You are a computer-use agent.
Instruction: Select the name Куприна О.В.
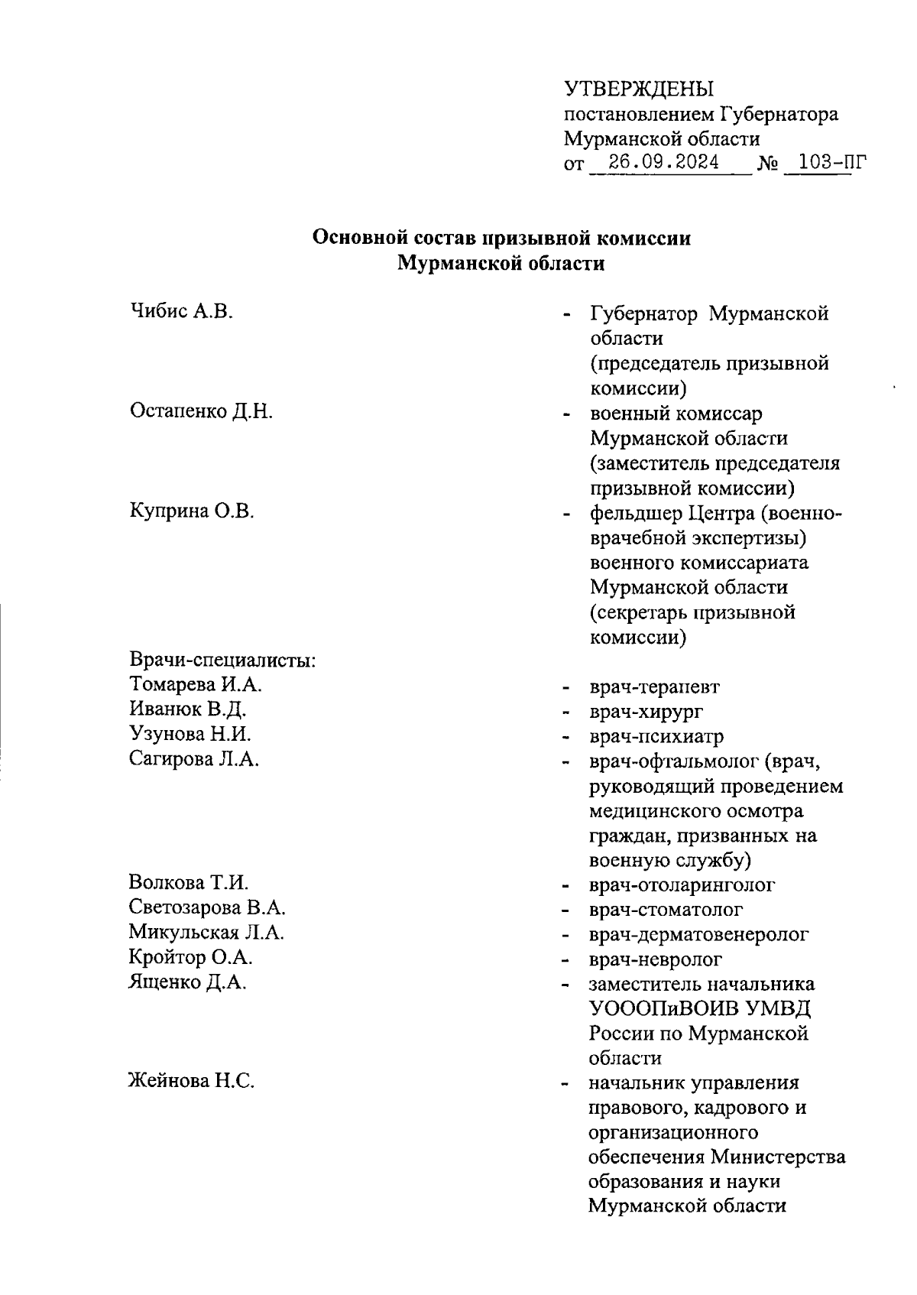(191, 511)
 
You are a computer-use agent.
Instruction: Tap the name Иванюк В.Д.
(187, 709)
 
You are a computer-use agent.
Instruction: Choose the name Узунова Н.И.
(190, 734)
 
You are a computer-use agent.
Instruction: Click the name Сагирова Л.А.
(194, 759)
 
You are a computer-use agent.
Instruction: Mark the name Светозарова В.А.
(207, 908)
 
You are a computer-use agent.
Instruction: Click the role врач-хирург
(646, 711)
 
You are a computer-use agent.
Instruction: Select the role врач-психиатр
(656, 736)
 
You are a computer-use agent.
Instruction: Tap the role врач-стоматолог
(666, 910)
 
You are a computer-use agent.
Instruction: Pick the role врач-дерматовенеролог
(698, 934)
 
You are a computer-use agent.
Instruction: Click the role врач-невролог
(655, 959)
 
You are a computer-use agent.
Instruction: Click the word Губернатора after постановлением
(778, 115)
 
